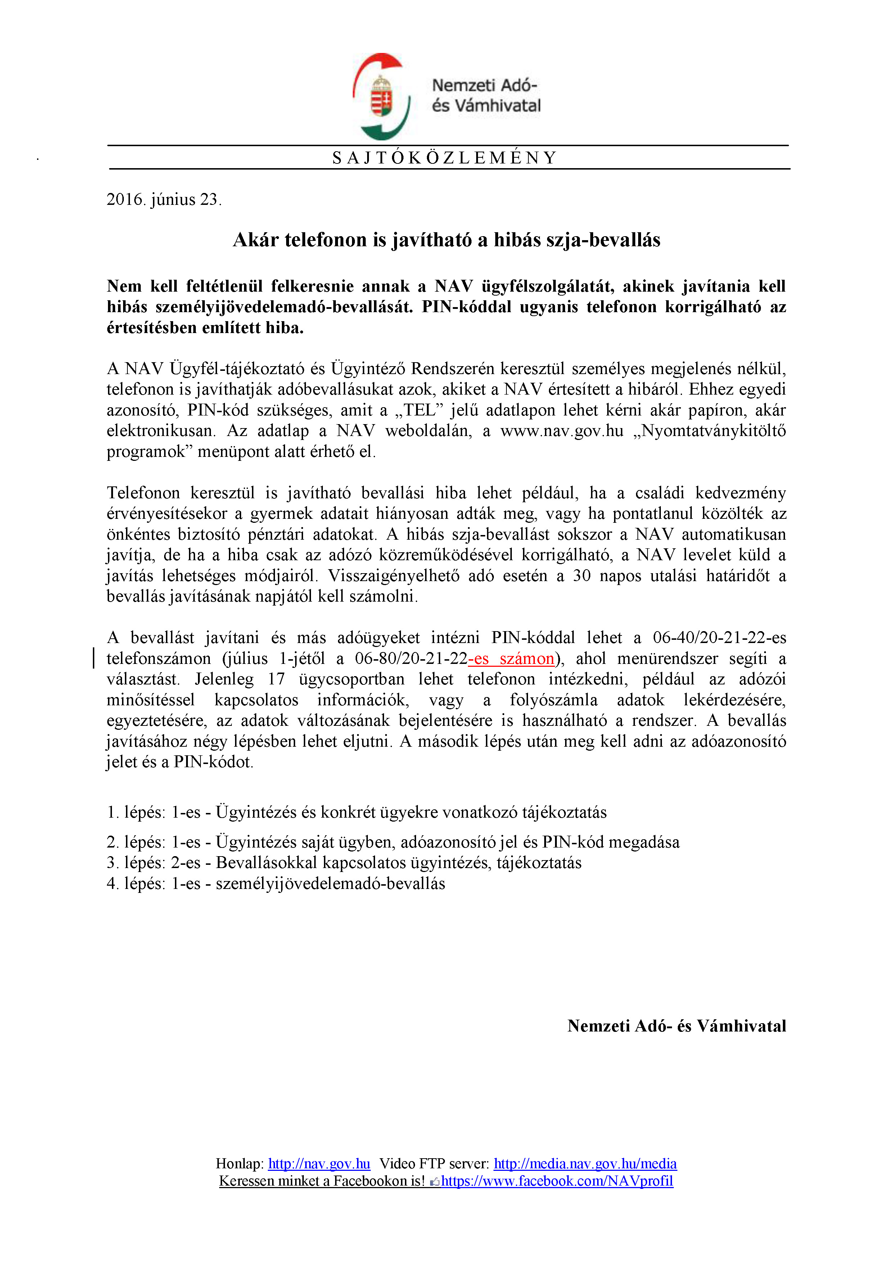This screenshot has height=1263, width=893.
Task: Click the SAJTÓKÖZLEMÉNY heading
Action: click(445, 158)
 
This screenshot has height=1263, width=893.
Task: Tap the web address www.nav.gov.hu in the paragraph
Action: click(561, 431)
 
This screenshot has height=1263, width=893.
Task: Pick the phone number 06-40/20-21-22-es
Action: click(719, 638)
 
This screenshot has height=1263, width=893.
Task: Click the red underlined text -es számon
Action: click(511, 659)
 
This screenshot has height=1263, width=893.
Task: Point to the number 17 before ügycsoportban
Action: click(276, 679)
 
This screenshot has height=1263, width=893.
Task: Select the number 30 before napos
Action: click(581, 576)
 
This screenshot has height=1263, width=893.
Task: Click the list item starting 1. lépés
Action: click(356, 813)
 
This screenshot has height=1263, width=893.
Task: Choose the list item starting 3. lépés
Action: click(344, 863)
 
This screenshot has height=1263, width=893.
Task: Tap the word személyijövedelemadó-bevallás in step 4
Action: click(330, 884)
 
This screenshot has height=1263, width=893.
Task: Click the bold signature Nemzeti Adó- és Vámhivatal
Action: click(676, 1026)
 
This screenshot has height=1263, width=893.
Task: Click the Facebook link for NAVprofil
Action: click(557, 1181)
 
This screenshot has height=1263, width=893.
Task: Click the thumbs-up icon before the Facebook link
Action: click(434, 1182)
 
